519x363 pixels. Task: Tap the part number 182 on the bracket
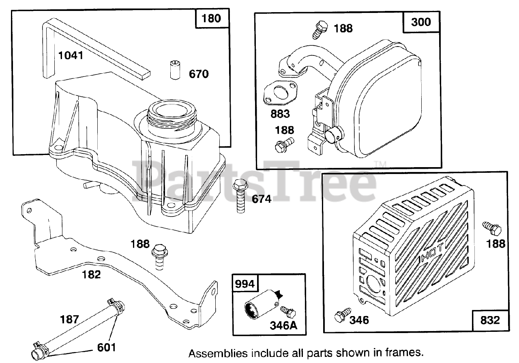pos(91,274)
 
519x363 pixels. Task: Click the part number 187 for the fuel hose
pos(69,320)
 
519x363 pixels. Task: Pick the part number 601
pos(106,347)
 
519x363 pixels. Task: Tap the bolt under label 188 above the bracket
pos(159,257)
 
